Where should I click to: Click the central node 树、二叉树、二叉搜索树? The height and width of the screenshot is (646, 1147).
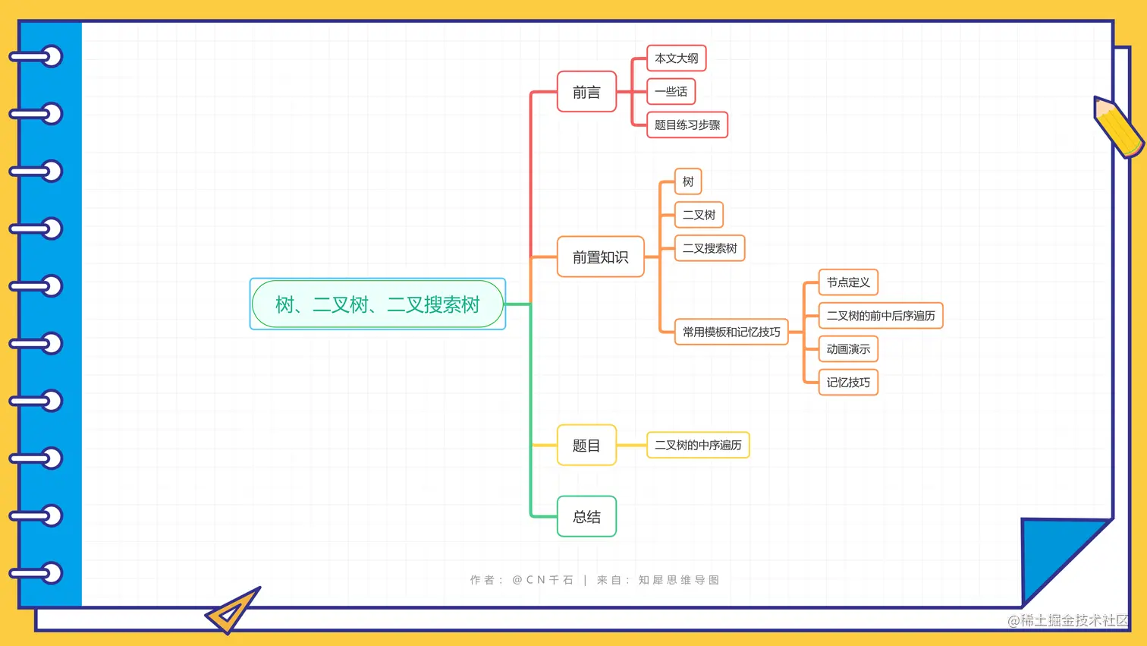(378, 304)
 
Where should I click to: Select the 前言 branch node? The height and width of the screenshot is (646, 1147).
(586, 92)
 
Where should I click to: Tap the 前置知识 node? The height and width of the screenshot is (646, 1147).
(600, 257)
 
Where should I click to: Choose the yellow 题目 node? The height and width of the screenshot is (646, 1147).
(586, 446)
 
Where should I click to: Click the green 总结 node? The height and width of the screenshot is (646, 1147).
(586, 517)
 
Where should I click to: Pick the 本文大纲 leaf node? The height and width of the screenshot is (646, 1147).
(676, 58)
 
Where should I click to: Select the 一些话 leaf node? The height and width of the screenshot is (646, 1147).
(671, 92)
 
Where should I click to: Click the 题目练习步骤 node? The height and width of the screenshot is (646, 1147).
(687, 125)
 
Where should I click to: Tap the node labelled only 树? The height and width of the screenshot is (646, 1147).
(688, 181)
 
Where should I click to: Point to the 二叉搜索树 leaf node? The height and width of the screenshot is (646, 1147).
(709, 248)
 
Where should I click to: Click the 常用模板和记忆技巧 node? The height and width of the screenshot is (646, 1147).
(731, 332)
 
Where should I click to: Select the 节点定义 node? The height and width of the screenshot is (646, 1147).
(848, 282)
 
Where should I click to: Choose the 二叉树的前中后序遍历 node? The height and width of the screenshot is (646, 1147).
(880, 316)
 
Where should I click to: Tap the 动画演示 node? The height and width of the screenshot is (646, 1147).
(848, 349)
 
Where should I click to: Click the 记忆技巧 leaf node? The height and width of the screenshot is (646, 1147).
(848, 383)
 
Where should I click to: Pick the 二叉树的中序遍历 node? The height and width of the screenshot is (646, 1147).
(698, 445)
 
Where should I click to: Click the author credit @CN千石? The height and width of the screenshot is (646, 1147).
(542, 580)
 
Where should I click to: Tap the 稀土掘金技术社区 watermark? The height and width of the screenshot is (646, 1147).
(1067, 620)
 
